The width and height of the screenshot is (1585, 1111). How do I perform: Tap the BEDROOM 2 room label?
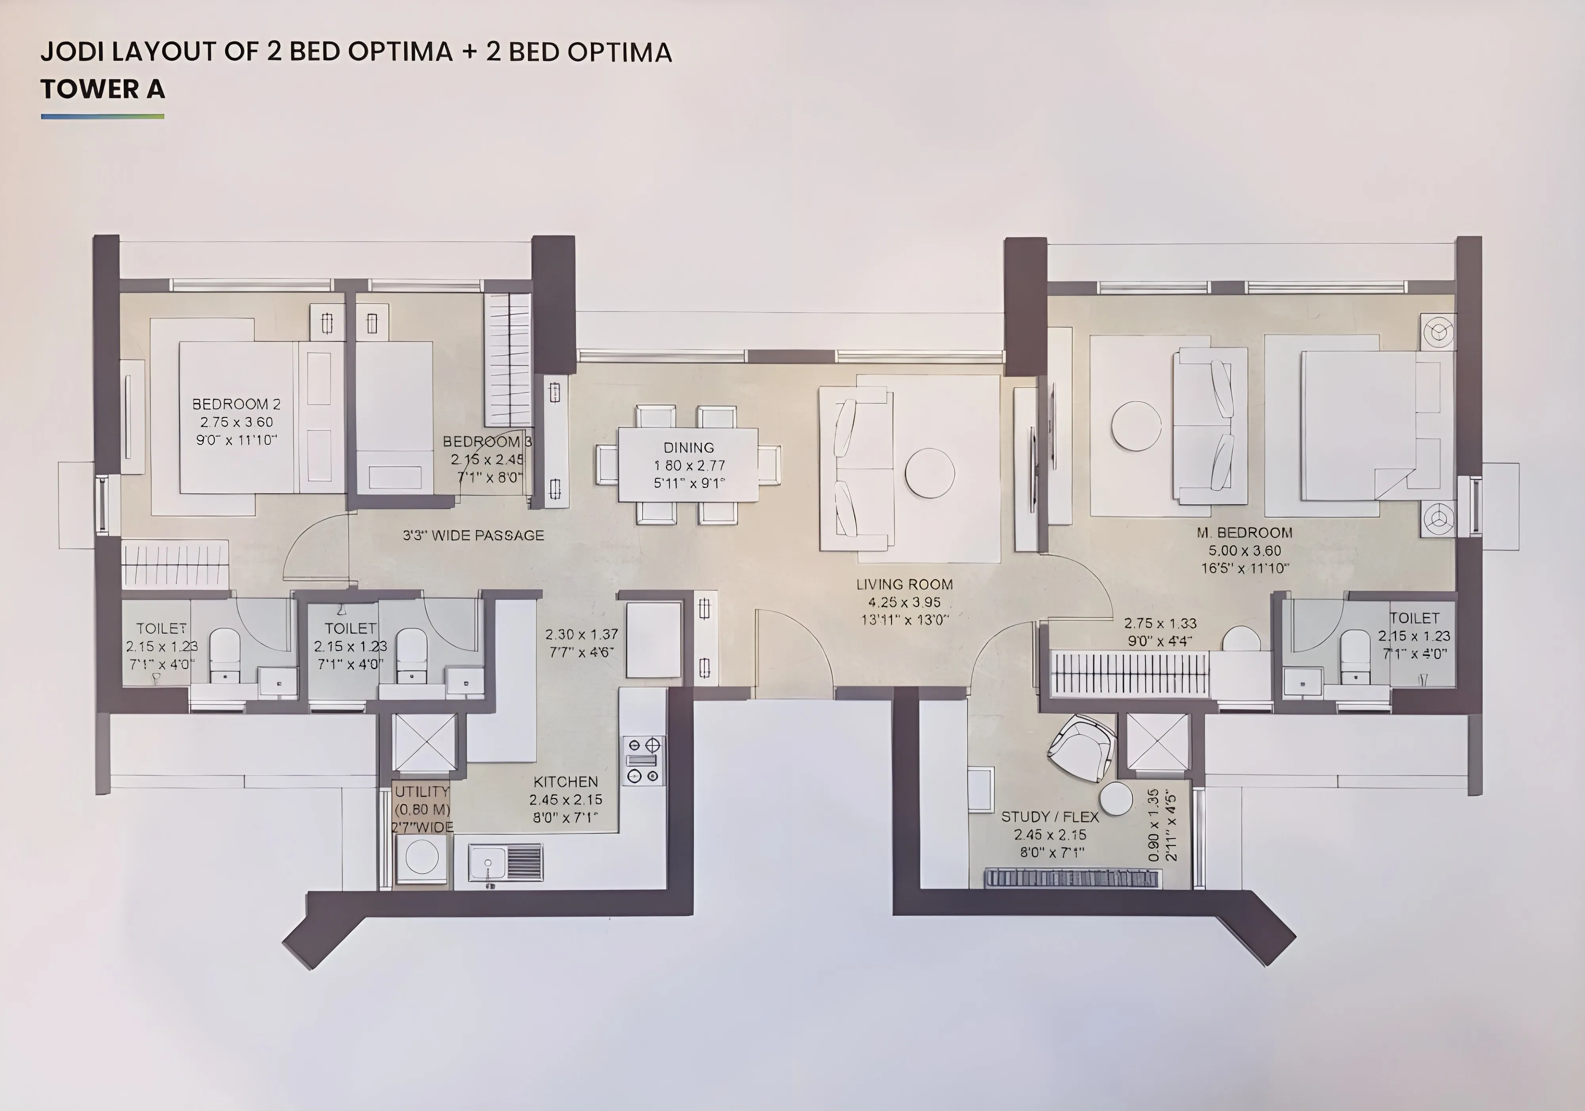236,404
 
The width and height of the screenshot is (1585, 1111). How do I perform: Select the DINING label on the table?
688,447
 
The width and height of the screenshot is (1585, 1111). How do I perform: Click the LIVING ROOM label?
904,584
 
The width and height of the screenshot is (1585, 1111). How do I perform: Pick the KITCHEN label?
565,782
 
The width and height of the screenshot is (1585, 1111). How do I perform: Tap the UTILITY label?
422,791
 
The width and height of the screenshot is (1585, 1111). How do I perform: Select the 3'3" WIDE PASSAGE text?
474,535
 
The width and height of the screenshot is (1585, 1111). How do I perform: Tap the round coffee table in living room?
929,473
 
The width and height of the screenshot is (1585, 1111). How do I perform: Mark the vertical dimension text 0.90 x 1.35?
1153,825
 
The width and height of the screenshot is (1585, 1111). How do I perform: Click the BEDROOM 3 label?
487,441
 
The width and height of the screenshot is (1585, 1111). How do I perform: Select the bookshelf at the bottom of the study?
1072,878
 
